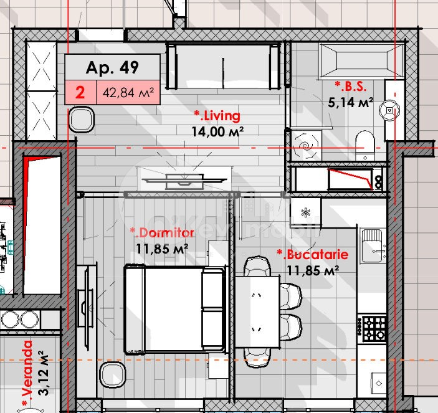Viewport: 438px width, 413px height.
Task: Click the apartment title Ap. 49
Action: pos(112,67)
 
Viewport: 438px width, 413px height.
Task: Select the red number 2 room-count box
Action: pos(80,93)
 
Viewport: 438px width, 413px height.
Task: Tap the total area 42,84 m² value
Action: pos(128,93)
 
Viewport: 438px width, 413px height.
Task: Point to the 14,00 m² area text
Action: pos(217,131)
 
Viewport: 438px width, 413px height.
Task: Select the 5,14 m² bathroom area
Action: pos(350,102)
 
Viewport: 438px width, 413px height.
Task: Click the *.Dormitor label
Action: pos(162,232)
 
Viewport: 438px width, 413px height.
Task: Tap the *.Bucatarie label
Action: pos(312,255)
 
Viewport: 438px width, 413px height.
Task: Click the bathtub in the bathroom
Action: pos(356,60)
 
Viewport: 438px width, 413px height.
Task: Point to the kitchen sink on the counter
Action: pos(375,252)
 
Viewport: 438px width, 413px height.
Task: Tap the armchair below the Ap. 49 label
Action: pos(81,118)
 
